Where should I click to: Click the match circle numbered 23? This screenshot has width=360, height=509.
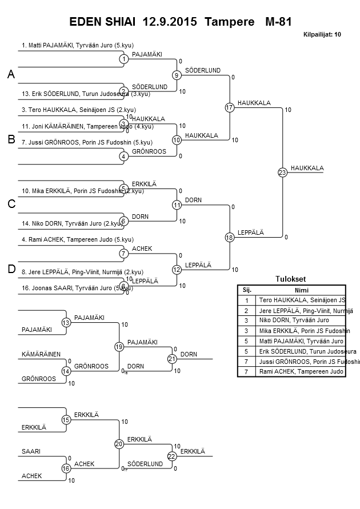282,172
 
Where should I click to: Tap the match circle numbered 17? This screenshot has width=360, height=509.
230,107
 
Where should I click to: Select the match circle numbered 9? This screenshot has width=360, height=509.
177,75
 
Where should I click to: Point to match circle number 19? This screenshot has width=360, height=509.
119,346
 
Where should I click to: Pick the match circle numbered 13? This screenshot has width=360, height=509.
66,323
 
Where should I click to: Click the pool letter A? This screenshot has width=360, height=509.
11,75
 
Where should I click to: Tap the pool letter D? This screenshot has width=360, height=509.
11,269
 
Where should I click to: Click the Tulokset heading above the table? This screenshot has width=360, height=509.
291,279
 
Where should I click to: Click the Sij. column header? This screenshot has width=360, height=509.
247,290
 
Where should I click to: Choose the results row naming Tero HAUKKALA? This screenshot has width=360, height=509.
302,300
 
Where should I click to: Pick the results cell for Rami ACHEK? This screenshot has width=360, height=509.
301,372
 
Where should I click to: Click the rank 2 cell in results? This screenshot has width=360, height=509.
247,310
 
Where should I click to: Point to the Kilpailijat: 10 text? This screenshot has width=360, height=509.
322,35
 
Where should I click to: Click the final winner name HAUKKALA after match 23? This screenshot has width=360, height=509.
307,168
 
